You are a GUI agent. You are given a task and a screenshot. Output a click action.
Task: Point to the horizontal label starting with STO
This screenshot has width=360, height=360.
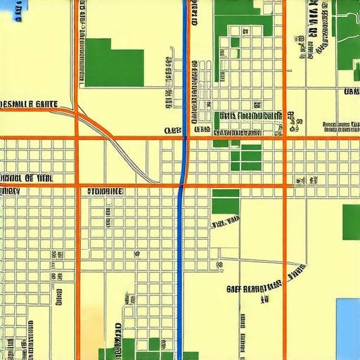point(105,191)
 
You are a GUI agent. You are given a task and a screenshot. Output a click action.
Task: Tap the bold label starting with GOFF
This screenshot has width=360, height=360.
point(255,286)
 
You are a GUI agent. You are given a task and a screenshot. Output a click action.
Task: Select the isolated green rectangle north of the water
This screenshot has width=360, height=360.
point(351,221)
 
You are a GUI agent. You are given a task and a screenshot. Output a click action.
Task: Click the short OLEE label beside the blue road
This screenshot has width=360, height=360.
point(173,130)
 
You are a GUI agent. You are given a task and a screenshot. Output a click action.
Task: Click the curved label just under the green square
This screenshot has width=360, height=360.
point(225,224)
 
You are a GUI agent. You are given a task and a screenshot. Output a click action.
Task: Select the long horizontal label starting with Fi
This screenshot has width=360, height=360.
point(250,115)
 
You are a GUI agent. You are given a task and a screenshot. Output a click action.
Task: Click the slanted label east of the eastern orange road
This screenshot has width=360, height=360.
point(295,270)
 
